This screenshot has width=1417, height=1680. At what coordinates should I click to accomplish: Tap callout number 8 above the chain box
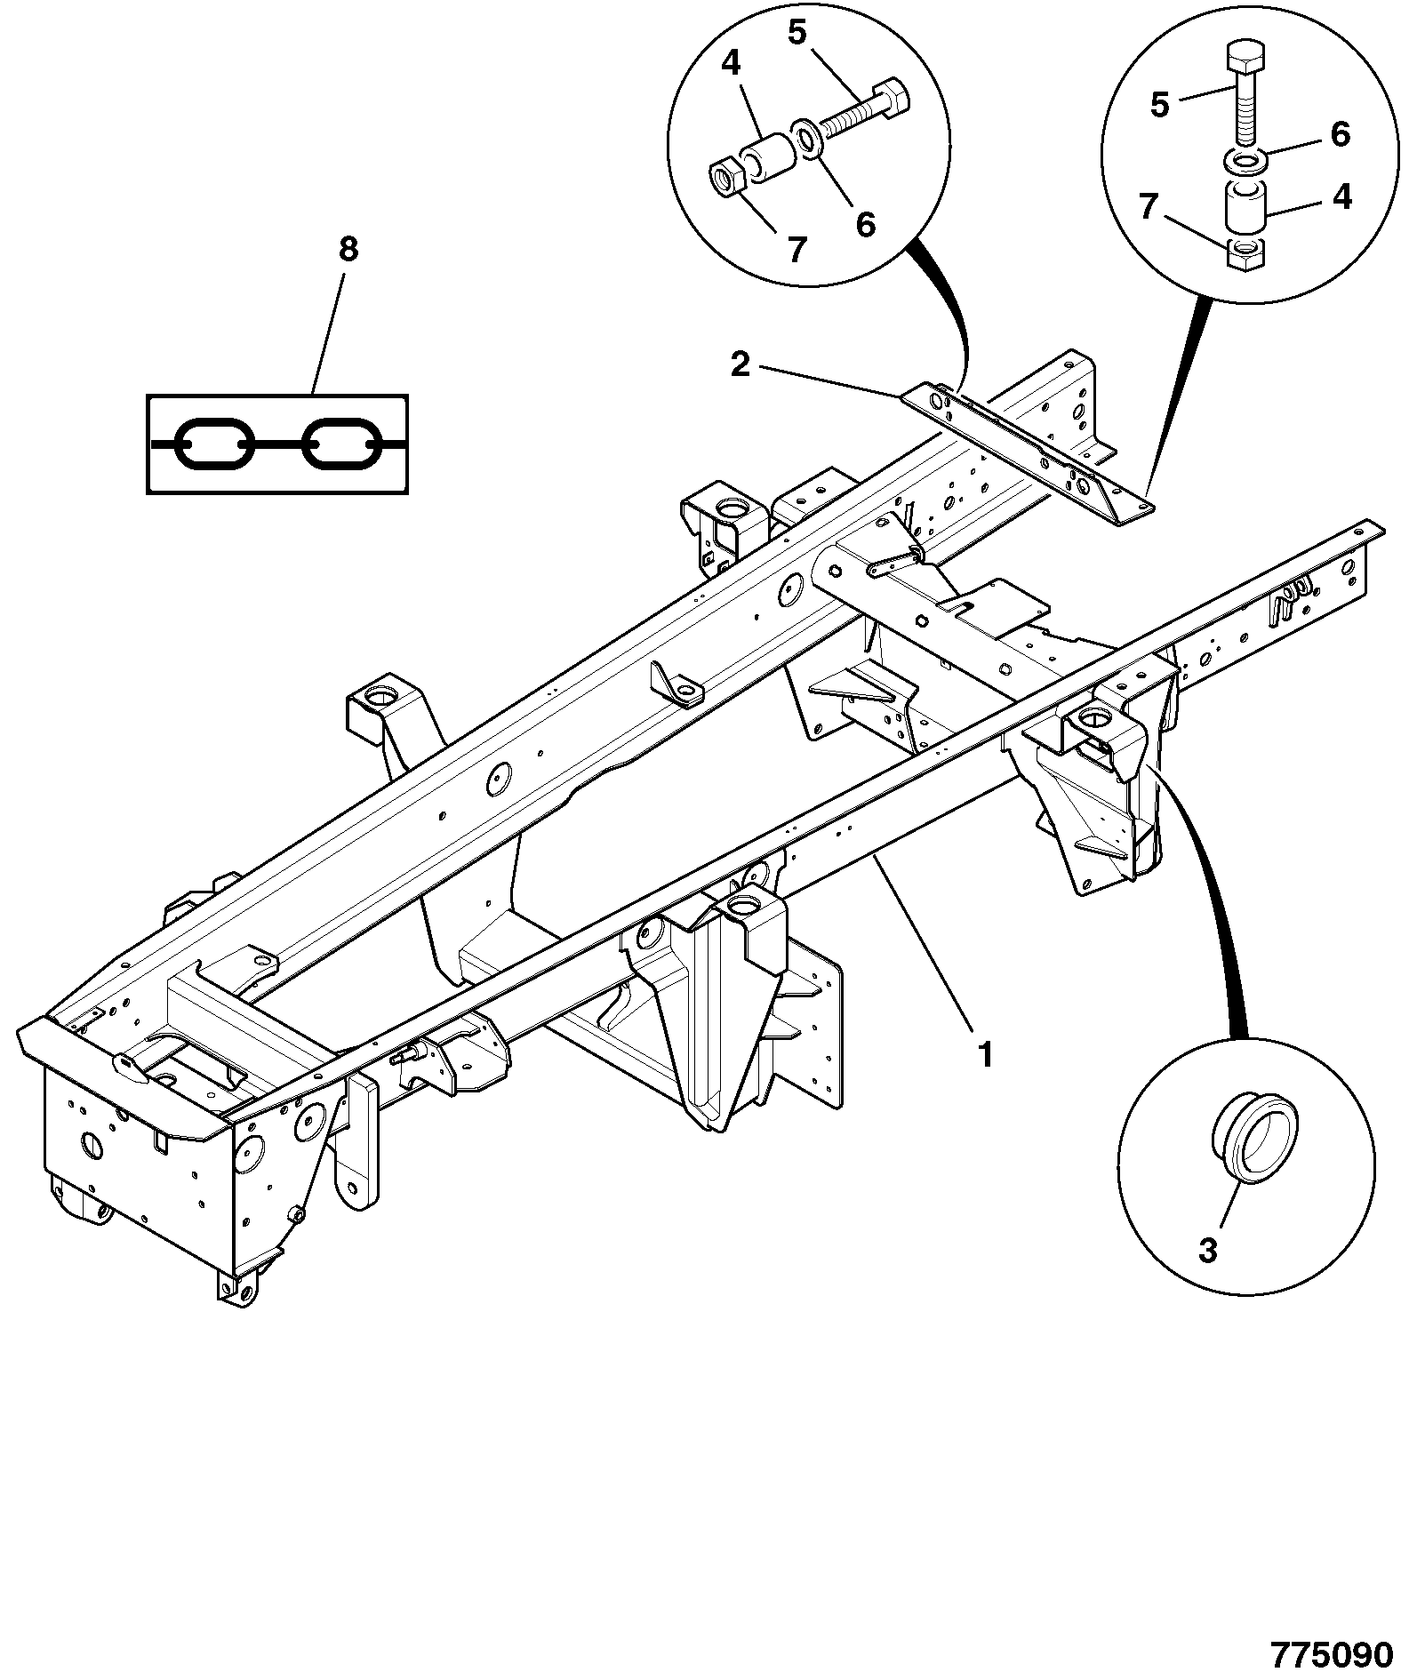click(x=348, y=250)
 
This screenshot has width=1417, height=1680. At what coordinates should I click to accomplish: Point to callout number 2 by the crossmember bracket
click(x=741, y=364)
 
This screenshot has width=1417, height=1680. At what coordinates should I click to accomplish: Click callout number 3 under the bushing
click(x=1207, y=1250)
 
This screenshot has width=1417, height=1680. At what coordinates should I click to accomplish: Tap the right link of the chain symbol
click(x=342, y=442)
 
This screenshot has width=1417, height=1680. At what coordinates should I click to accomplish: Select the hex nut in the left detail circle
click(x=726, y=177)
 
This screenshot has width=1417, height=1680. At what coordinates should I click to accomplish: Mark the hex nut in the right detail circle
click(x=1245, y=254)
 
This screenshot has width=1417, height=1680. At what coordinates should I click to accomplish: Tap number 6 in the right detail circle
click(x=1341, y=134)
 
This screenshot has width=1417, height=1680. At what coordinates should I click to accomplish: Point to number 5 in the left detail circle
click(x=797, y=33)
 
